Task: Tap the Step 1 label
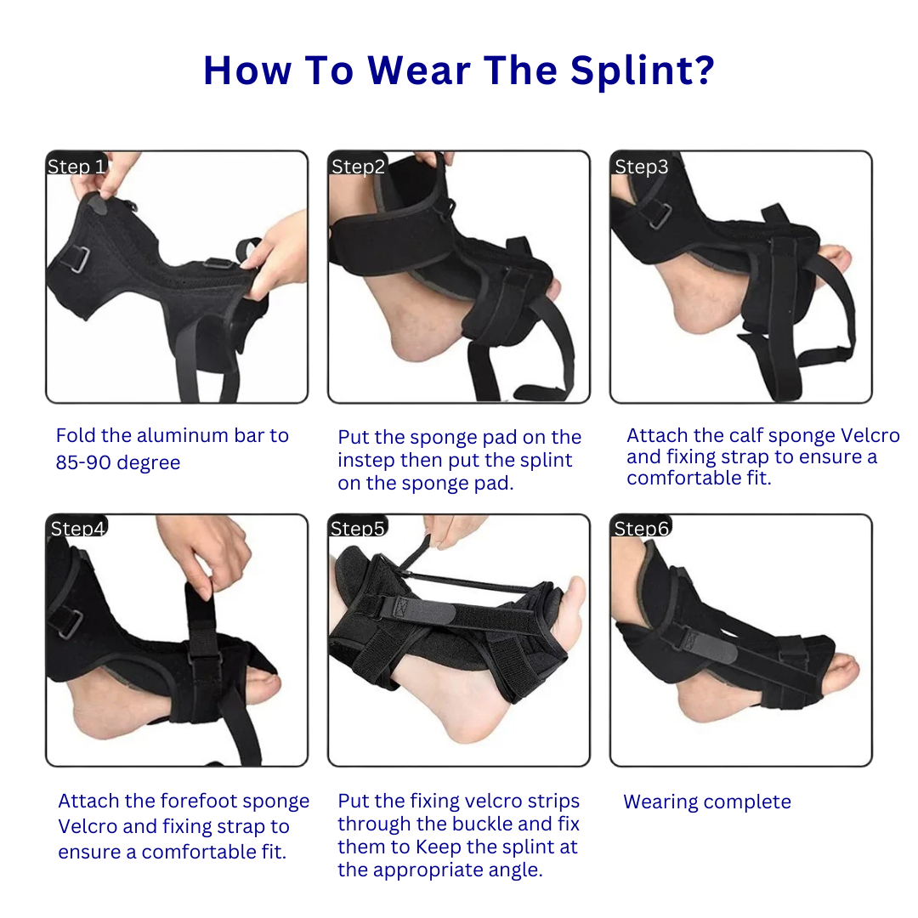(76, 167)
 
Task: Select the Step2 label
(358, 167)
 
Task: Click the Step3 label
(641, 167)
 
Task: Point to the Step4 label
(77, 529)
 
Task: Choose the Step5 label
(358, 529)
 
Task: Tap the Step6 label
(641, 529)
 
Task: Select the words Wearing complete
(707, 802)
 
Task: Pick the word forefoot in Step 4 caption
(204, 802)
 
